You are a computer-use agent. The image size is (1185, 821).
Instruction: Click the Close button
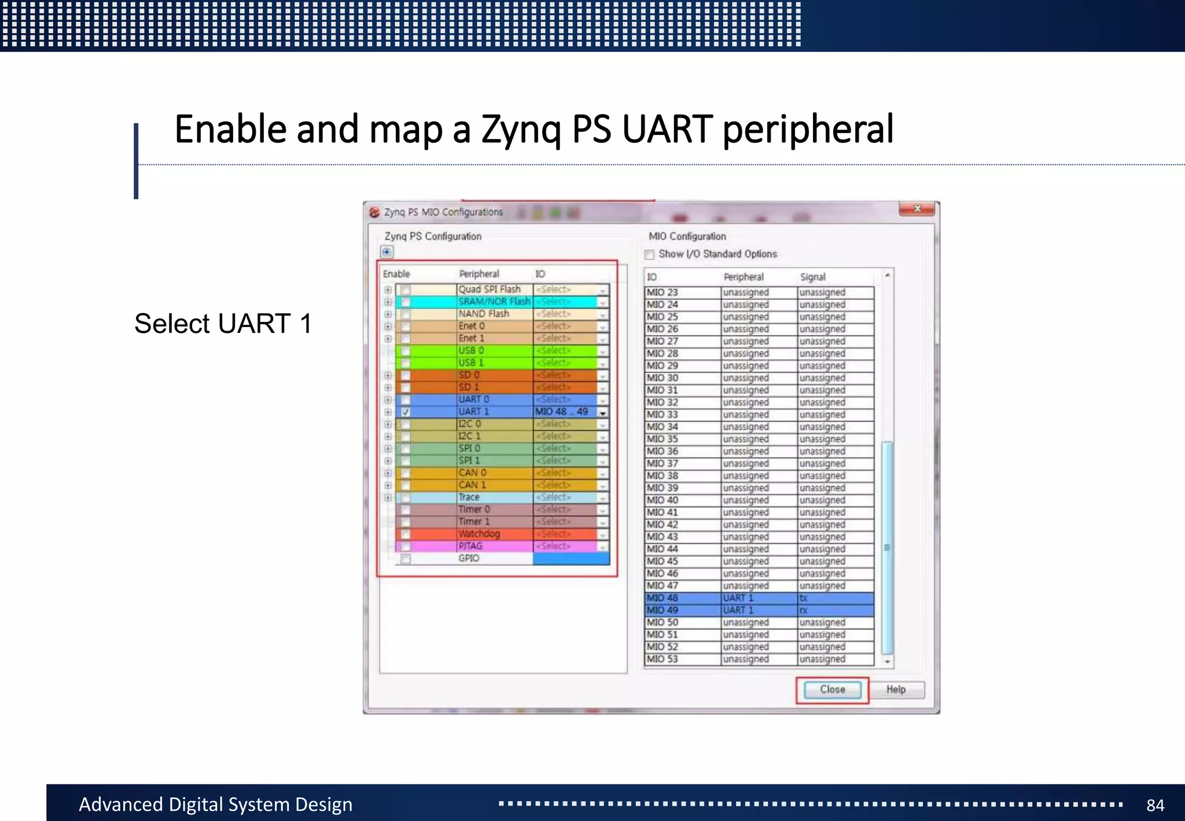click(x=832, y=690)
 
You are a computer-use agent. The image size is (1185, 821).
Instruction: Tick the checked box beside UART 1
click(x=406, y=412)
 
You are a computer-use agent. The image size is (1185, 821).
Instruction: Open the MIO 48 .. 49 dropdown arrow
click(x=603, y=413)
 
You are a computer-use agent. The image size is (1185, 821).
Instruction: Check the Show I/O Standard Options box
click(x=650, y=255)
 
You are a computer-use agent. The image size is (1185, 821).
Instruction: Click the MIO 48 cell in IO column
click(x=663, y=598)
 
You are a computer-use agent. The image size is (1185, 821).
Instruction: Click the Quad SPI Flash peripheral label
click(x=490, y=289)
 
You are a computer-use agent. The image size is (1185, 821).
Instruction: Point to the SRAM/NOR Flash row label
click(x=494, y=302)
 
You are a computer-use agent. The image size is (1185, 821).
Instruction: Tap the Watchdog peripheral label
click(x=479, y=534)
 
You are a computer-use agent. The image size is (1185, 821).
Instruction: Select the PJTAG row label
click(x=470, y=546)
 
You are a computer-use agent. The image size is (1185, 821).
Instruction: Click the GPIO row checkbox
click(x=406, y=559)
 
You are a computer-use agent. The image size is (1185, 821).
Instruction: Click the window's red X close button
click(x=917, y=209)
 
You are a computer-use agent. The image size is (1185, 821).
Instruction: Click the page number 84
click(x=1155, y=805)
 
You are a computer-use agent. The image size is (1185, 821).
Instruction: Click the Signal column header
click(x=812, y=277)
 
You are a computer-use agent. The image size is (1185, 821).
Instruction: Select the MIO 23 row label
click(x=663, y=292)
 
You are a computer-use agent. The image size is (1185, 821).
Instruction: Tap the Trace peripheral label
click(x=469, y=497)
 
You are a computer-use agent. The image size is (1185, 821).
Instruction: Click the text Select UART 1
click(x=223, y=324)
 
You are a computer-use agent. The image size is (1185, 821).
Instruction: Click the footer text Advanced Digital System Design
click(x=215, y=804)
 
